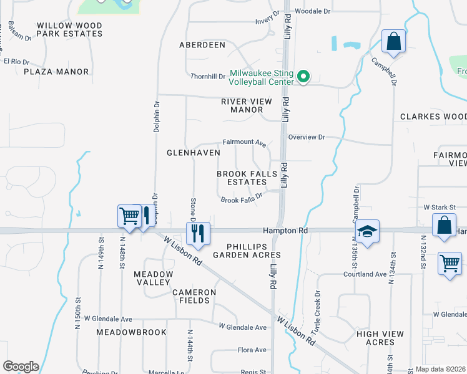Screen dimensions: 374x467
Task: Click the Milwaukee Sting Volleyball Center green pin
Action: [x=303, y=77]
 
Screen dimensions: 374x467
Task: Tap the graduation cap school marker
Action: [x=367, y=231]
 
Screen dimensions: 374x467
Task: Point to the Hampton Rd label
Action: [x=285, y=230]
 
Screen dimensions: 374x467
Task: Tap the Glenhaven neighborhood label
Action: [x=194, y=152]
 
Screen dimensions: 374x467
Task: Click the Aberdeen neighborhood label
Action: [x=202, y=45]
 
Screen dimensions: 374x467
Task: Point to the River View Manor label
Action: [x=242, y=105]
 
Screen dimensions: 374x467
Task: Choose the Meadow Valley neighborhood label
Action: [x=154, y=278]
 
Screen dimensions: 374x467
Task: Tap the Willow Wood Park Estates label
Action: [x=69, y=29]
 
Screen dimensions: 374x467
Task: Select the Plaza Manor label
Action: [x=56, y=72]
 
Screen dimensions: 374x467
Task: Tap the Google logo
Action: [x=21, y=367]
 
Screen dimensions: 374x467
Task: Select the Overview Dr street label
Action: [x=307, y=137]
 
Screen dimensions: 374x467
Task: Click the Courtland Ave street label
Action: [x=365, y=274]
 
